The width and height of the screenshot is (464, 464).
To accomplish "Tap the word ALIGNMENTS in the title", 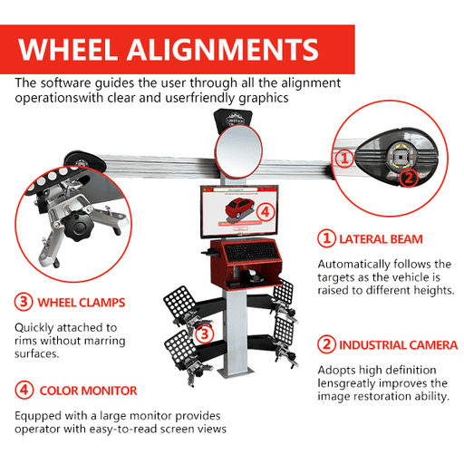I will [x=228, y=48].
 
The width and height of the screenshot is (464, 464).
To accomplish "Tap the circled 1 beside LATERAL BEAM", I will [x=325, y=239].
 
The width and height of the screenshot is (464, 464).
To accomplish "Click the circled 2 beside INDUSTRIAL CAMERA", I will [x=325, y=345].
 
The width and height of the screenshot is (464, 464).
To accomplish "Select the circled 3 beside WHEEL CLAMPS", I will [x=24, y=302].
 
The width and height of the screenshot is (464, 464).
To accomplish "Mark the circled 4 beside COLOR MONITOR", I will [x=24, y=391].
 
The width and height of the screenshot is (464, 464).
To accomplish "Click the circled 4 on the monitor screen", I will [x=265, y=211].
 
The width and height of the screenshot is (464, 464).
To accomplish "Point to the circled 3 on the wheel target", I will [x=206, y=333].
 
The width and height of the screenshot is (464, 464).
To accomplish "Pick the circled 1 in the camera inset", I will [x=343, y=158].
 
